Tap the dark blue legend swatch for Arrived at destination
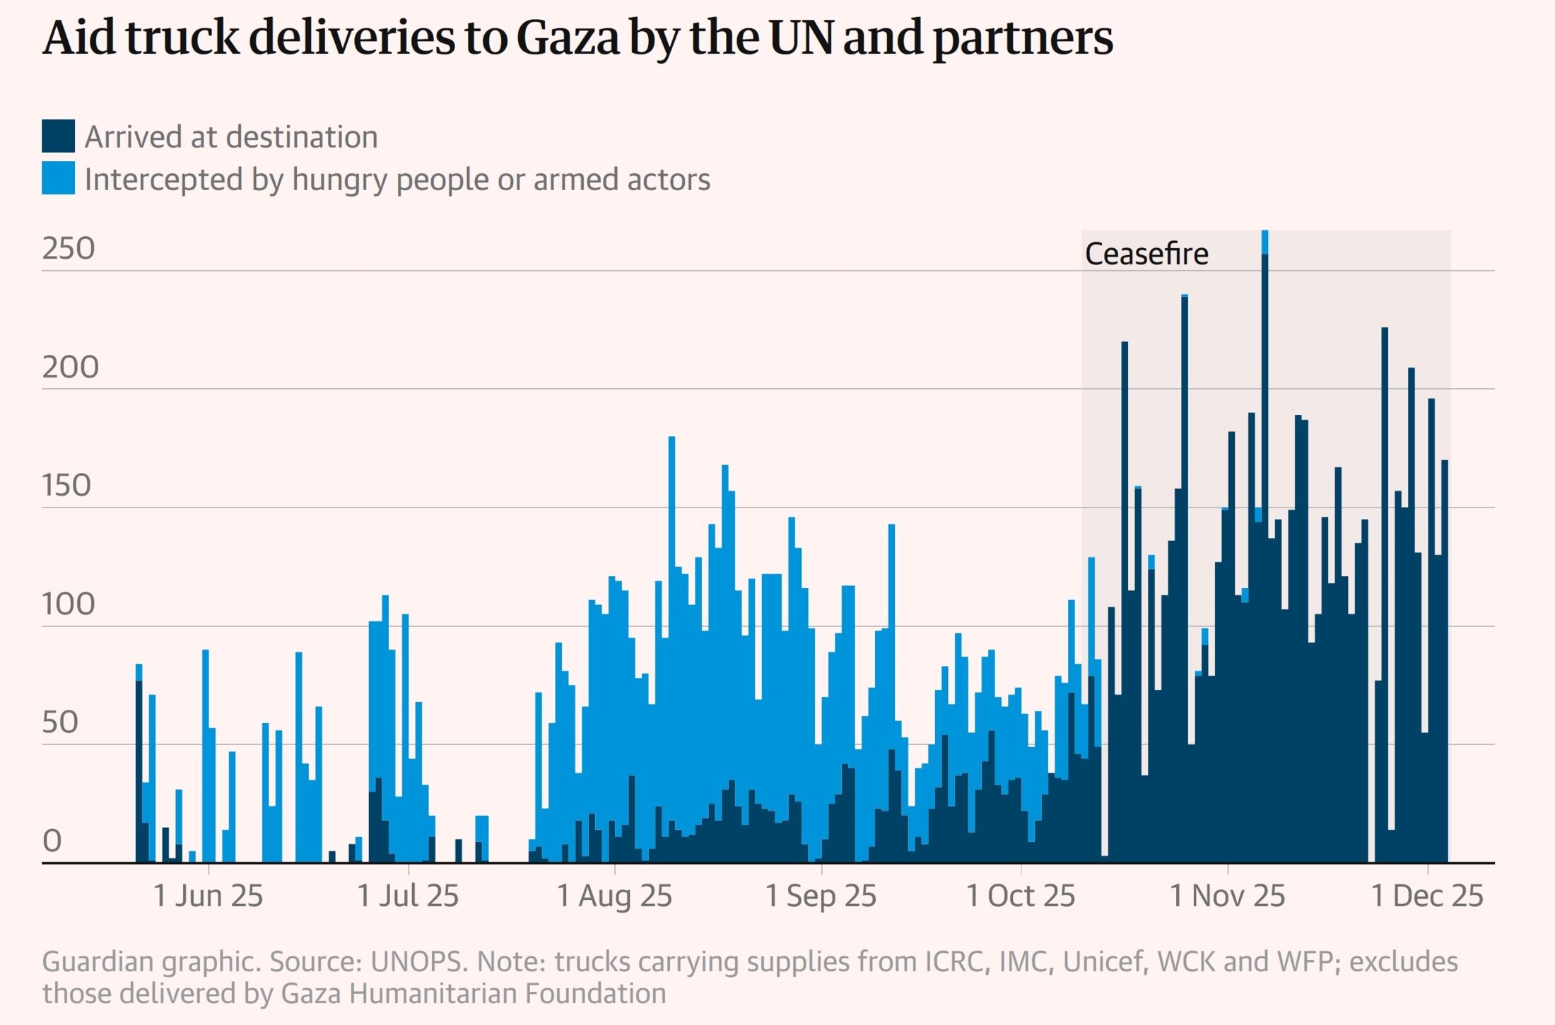coord(58,136)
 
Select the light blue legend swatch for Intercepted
coord(58,178)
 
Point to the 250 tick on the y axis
coord(69,249)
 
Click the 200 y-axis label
coord(70,368)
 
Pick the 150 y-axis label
coord(66,486)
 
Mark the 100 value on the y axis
coord(69,604)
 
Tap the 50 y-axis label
coord(60,722)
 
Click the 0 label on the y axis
coord(52,841)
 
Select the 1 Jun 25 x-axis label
coord(208,896)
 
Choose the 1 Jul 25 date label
coord(408,896)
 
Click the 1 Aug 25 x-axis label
coord(614,896)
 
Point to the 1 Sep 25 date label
coord(821,896)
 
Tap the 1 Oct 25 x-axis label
coord(1021,896)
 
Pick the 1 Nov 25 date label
coord(1227,896)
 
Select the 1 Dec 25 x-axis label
coord(1427,896)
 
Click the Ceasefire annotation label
coord(1146,254)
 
